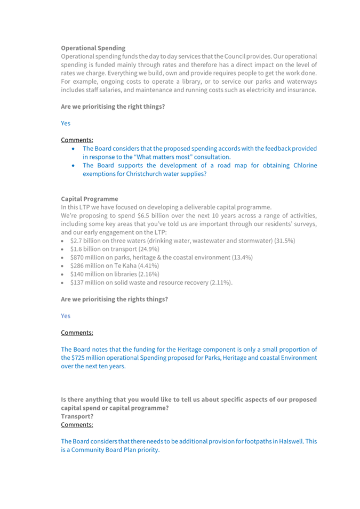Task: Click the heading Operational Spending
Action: (x=93, y=48)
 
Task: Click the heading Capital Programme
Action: (x=90, y=199)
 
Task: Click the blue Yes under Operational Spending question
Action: (x=66, y=123)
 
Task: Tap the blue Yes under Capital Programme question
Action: (x=66, y=316)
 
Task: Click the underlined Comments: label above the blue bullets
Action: (x=77, y=140)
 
